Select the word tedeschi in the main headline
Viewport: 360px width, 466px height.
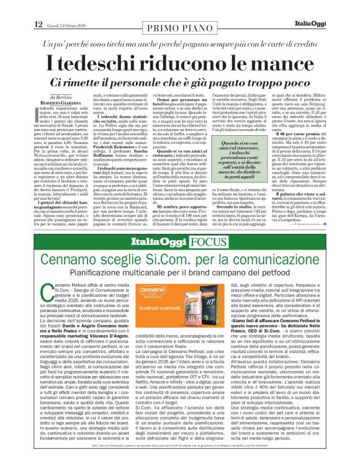(x=108, y=64)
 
